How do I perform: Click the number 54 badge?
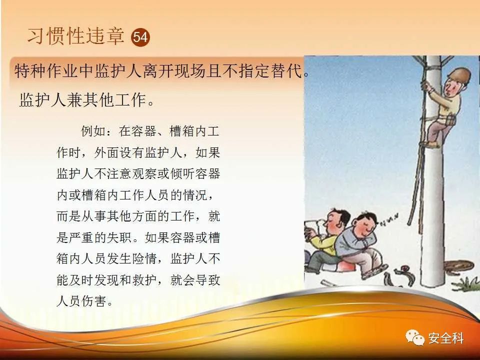pyautogui.click(x=140, y=37)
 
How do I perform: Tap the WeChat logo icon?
pyautogui.click(x=415, y=337)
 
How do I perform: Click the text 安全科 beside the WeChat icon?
pyautogui.click(x=446, y=338)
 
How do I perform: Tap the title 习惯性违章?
pyautogui.click(x=76, y=36)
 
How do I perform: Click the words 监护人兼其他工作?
pyautogui.click(x=82, y=100)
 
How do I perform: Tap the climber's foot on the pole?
pyautogui.click(x=431, y=143)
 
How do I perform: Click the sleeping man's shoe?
pyautogui.click(x=375, y=271)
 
